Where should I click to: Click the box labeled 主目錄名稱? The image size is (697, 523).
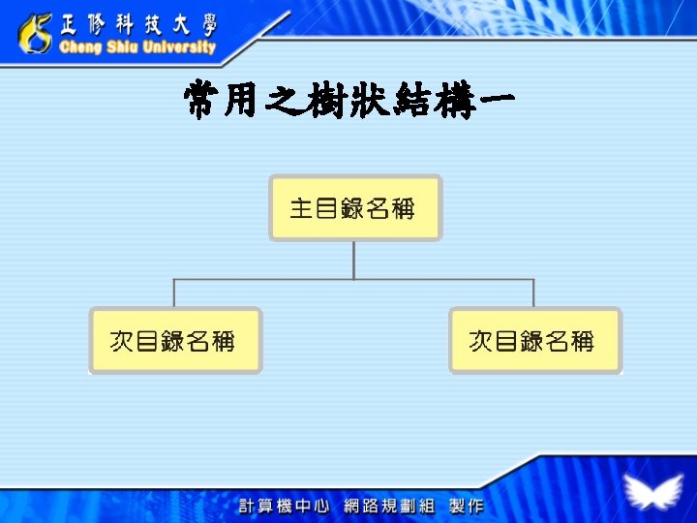click(355, 207)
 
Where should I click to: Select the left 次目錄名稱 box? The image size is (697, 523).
click(175, 340)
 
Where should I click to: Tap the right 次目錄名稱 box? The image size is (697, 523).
click(534, 340)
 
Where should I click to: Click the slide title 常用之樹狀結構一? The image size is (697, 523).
click(348, 101)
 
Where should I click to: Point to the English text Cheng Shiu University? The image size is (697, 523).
click(137, 47)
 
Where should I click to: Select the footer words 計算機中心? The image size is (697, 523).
click(285, 506)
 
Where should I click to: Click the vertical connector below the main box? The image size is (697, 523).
click(354, 260)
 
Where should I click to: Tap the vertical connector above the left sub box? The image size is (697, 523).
click(174, 293)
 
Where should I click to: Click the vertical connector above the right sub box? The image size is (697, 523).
click(533, 293)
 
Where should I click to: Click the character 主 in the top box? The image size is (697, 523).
click(301, 207)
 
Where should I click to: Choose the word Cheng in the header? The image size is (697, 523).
click(80, 47)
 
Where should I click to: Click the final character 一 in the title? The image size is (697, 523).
click(490, 101)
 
